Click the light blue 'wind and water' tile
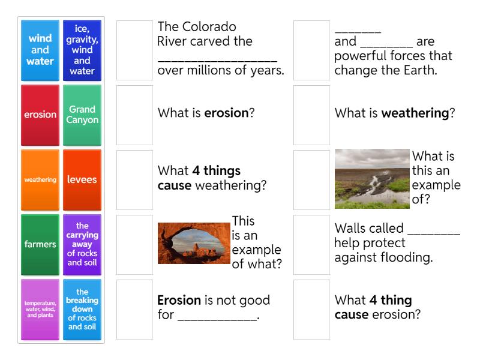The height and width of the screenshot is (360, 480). (40, 50)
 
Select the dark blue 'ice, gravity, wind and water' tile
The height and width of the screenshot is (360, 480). (82, 50)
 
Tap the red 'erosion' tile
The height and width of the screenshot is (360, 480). (40, 115)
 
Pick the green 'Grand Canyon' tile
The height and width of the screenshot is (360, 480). (82, 115)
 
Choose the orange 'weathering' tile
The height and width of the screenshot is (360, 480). (40, 179)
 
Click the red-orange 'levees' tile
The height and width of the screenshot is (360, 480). (82, 179)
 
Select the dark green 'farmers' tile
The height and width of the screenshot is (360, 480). (40, 244)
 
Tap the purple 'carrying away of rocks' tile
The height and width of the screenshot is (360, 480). (82, 244)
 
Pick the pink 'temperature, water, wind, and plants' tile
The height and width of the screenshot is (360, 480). (40, 309)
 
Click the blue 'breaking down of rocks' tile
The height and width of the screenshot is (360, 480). (82, 309)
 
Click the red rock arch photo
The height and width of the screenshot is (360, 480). (194, 243)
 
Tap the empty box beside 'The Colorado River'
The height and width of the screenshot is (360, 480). (135, 50)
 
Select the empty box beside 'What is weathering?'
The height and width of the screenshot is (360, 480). (311, 115)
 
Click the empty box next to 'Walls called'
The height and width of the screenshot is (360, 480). (311, 244)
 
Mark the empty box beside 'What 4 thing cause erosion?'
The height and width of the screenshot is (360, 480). (311, 309)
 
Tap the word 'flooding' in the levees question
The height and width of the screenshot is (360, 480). (407, 258)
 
